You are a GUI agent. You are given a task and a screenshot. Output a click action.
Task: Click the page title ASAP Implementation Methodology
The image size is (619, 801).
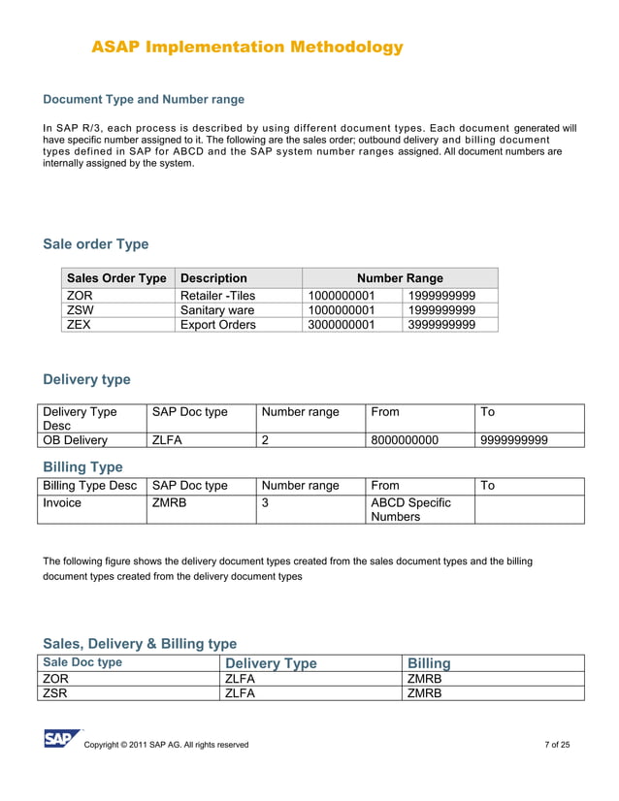246,47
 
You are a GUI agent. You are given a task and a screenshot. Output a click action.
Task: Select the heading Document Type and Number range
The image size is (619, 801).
144,99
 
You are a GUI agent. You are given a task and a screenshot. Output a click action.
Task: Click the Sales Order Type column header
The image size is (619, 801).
115,277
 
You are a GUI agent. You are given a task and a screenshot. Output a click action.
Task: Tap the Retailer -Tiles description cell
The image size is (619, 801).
218,296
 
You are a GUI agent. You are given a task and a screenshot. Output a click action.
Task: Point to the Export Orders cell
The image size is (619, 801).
218,325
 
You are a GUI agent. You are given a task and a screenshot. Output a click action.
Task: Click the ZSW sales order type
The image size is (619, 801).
81,310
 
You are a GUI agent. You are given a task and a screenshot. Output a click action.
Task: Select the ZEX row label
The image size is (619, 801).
79,325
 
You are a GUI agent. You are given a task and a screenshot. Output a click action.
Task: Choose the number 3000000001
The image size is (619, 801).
341,325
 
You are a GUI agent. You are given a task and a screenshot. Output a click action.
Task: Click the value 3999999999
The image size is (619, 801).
441,325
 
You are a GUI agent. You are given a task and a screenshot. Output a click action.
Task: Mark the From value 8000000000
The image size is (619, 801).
405,440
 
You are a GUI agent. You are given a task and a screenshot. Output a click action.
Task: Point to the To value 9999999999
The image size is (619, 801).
514,440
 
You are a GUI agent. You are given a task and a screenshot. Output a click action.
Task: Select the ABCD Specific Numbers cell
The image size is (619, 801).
411,510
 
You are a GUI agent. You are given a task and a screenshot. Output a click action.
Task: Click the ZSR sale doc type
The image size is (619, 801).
57,692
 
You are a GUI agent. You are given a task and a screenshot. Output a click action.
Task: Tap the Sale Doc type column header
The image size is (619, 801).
82,662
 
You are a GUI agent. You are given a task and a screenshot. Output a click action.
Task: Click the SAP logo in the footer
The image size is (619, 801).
61,739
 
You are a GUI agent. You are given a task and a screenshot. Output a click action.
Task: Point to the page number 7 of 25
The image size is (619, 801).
557,745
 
